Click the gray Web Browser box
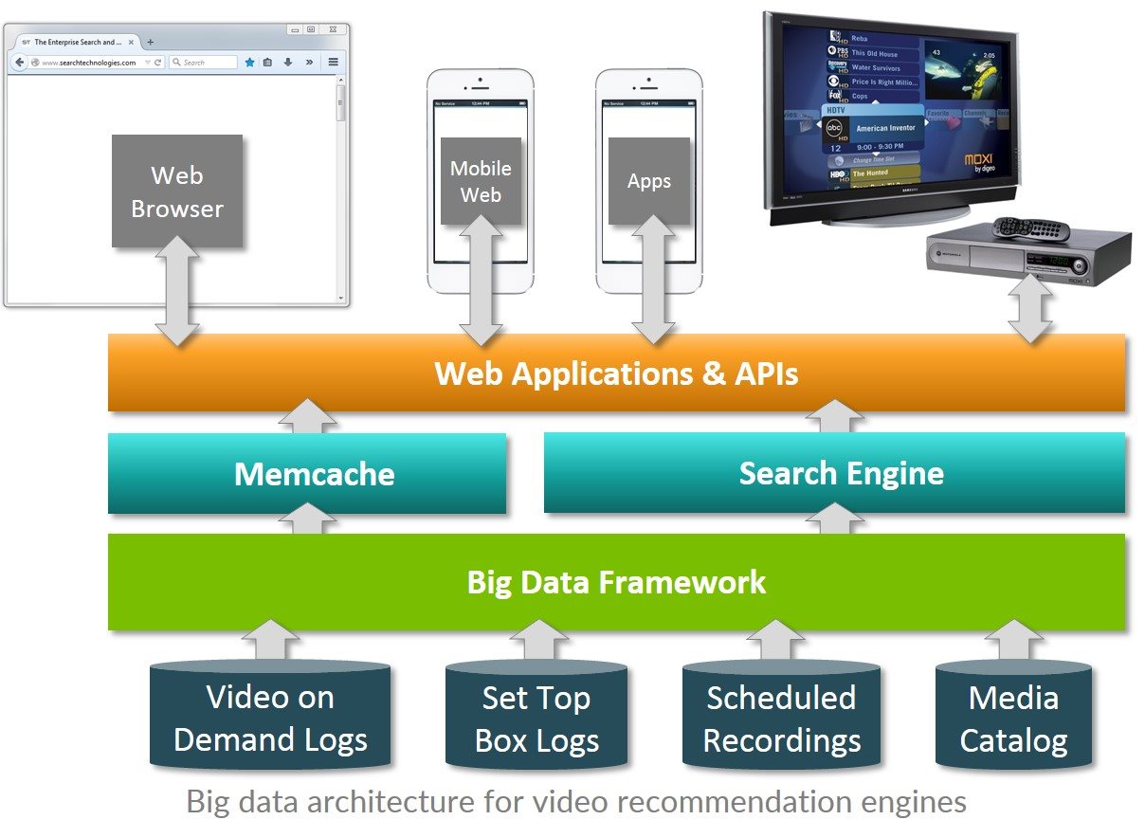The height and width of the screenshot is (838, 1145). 177,191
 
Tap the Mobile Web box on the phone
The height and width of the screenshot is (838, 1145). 481,180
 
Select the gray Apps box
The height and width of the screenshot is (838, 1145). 649,181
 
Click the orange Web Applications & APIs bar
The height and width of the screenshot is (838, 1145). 616,373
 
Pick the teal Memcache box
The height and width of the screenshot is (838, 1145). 306,473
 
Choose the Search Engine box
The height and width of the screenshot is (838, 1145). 834,472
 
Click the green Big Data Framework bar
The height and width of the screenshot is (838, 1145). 616,581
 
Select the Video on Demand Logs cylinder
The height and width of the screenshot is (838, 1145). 270,718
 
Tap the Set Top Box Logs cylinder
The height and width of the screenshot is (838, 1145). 536,718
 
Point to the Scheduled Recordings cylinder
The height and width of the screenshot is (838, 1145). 781,718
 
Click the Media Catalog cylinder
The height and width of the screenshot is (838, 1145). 1013,718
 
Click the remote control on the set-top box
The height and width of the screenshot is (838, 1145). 1030,228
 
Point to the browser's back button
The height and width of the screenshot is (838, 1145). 19,63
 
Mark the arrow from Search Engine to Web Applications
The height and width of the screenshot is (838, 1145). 834,416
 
